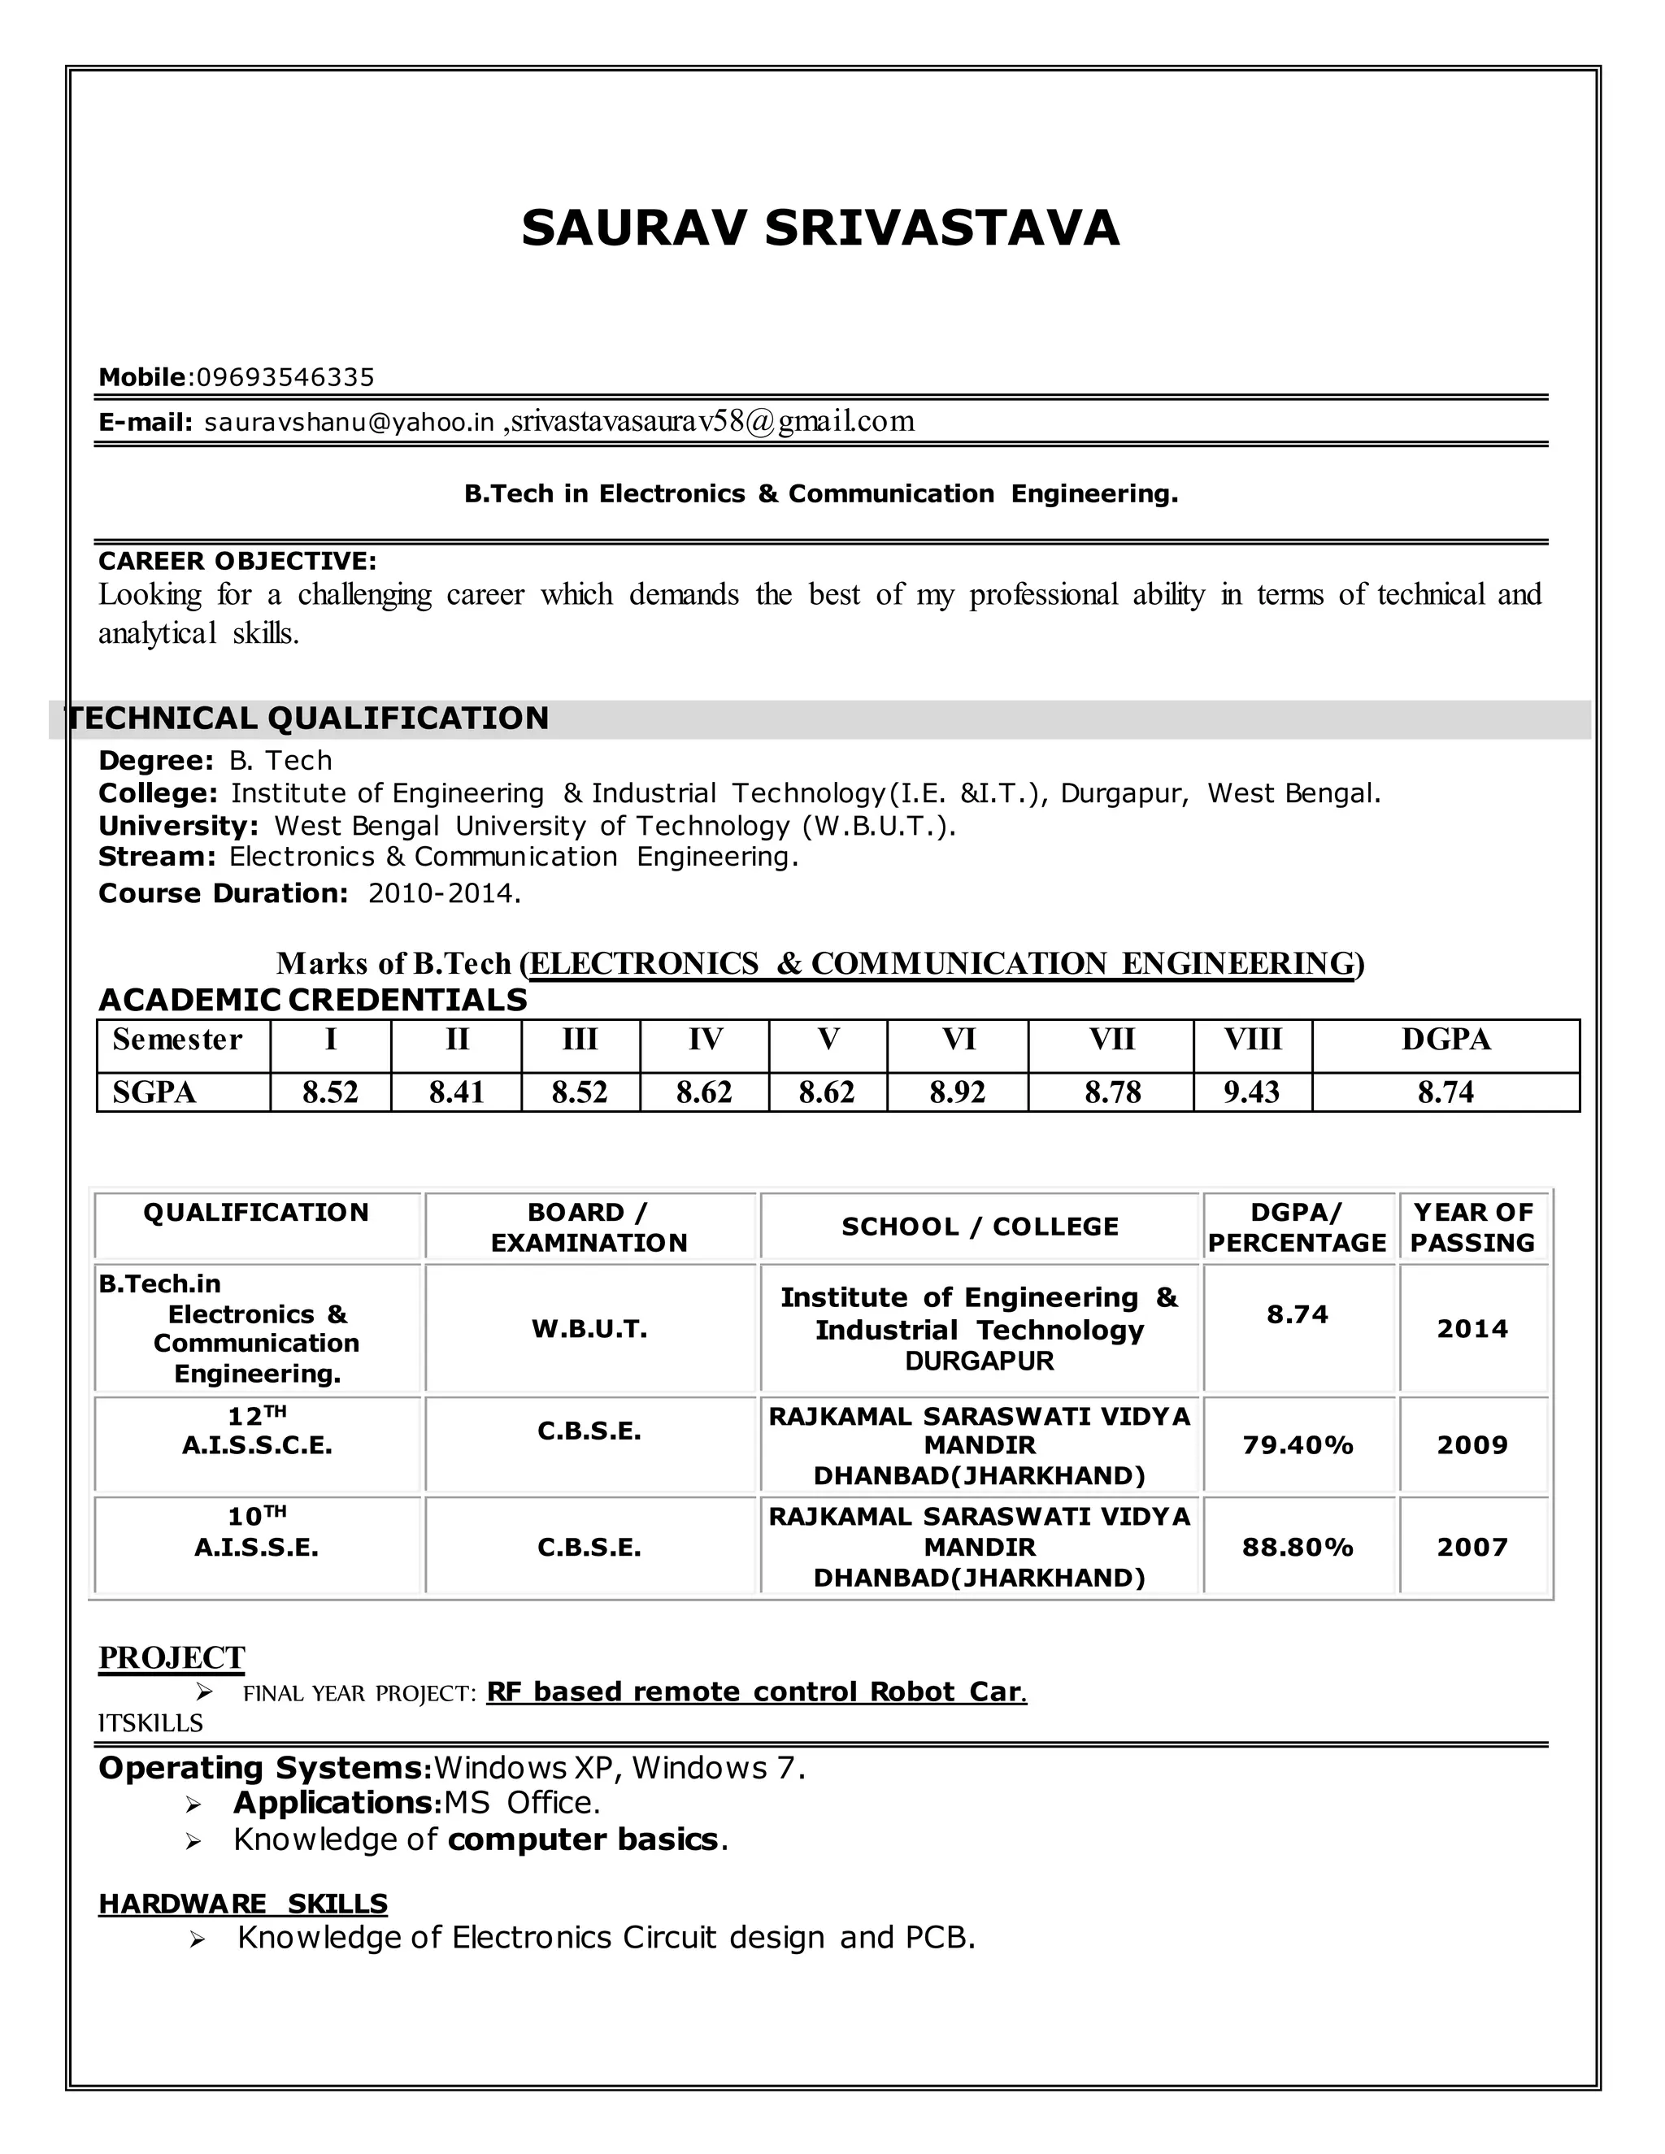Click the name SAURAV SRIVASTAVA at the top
[x=819, y=229]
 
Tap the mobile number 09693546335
[x=286, y=378]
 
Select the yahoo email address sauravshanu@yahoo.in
[x=348, y=423]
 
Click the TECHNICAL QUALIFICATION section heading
[x=306, y=718]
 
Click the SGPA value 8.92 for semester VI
[x=957, y=1092]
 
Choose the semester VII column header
[x=1111, y=1040]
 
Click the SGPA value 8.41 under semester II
[x=456, y=1092]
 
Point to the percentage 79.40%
[x=1297, y=1446]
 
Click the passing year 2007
[x=1472, y=1548]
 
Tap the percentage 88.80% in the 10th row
[x=1297, y=1548]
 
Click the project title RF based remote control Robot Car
[x=755, y=1692]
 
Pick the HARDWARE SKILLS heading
[x=242, y=1904]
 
